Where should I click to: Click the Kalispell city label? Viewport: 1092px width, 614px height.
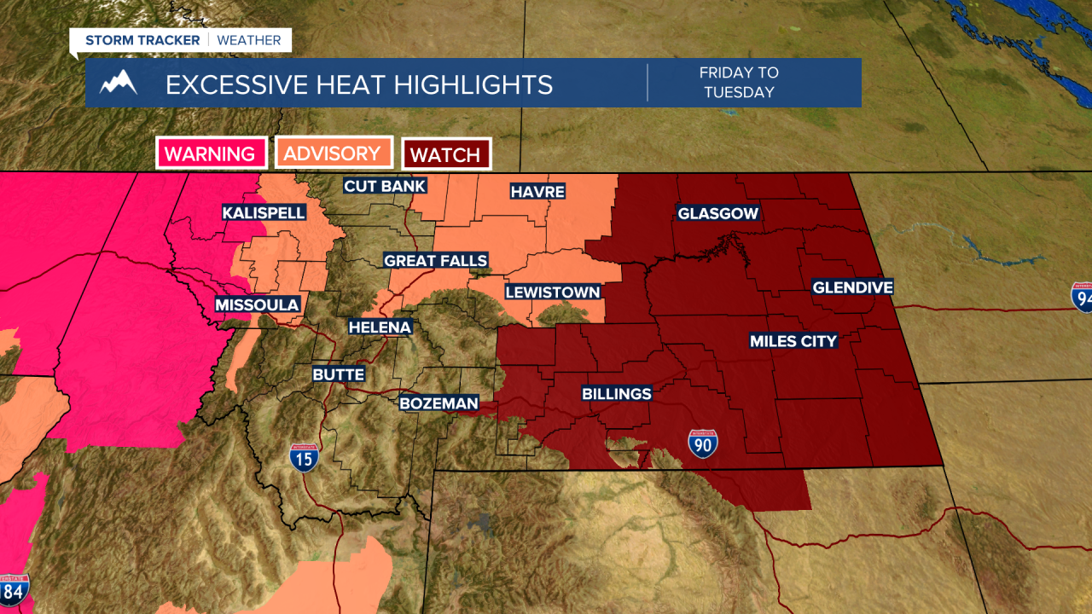coord(264,212)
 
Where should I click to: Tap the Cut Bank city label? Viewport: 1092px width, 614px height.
coord(384,186)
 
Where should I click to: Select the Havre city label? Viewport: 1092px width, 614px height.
coord(537,192)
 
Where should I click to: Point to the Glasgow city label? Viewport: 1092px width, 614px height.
coord(717,213)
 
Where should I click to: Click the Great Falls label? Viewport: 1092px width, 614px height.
coord(435,261)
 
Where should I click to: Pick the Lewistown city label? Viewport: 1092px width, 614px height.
coord(553,292)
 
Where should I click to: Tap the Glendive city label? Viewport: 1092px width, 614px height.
coord(852,287)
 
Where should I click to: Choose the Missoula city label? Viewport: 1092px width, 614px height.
coord(257,304)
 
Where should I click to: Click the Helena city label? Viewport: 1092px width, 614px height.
coord(380,327)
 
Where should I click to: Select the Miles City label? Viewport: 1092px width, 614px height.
coord(793,341)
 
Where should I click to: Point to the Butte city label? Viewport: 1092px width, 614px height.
coord(338,374)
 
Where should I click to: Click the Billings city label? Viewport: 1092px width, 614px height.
coord(617,394)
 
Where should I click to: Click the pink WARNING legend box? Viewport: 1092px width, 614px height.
coord(210,154)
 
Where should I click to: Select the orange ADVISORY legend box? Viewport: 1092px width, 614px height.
coord(332,153)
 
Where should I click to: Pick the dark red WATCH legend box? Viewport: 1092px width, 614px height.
coord(446,155)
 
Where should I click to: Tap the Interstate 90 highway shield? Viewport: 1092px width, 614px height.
coord(703,443)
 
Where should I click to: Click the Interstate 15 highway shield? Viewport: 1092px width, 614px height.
coord(304,457)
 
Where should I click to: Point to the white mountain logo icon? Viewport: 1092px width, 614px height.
coord(119,84)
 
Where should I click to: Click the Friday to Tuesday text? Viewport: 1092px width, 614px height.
coord(739,83)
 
